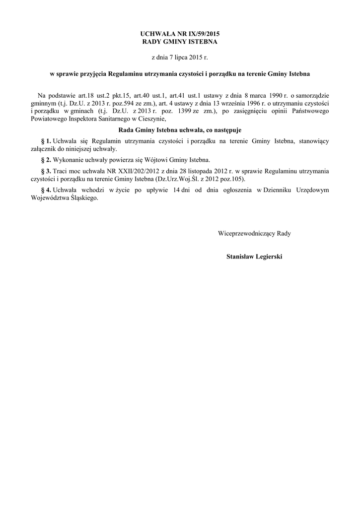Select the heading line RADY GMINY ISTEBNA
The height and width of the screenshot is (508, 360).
tap(180, 42)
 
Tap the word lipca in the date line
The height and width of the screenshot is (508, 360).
tap(181, 58)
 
